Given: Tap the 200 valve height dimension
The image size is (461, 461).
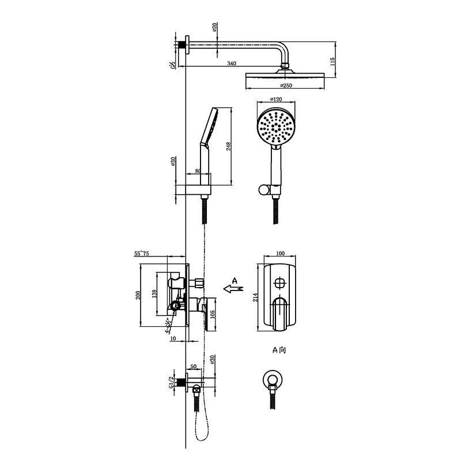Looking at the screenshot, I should click(x=138, y=294).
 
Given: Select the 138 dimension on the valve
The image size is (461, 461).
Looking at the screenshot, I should click(x=154, y=293).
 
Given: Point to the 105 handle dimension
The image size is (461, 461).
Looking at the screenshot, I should click(x=212, y=313).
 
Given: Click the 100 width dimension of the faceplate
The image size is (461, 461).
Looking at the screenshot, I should click(x=281, y=254).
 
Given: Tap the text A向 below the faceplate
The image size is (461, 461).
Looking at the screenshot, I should click(x=279, y=350).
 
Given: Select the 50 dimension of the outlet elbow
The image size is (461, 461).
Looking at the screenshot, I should click(x=192, y=366).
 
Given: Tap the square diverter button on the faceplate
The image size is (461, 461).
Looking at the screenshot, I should click(x=280, y=282).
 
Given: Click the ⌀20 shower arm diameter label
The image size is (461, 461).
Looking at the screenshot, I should click(x=214, y=28).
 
